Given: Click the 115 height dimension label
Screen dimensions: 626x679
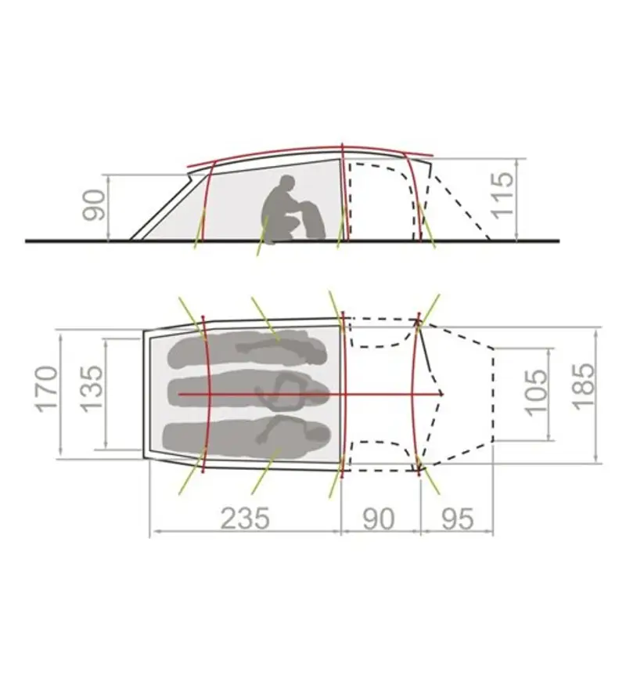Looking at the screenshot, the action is tap(502, 195).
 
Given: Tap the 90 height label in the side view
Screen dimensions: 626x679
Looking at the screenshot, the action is tap(93, 205).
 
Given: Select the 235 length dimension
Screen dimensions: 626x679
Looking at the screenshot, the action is tap(245, 518).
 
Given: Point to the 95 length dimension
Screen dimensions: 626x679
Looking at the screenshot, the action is tap(458, 518).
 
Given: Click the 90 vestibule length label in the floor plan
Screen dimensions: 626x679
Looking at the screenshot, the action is tap(379, 518).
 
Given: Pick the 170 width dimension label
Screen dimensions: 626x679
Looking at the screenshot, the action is tap(47, 389).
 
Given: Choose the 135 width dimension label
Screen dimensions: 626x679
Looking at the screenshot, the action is tap(92, 389).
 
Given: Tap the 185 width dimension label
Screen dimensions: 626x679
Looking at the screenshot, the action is tap(583, 386).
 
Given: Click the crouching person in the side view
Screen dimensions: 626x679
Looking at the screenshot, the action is tap(280, 211).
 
